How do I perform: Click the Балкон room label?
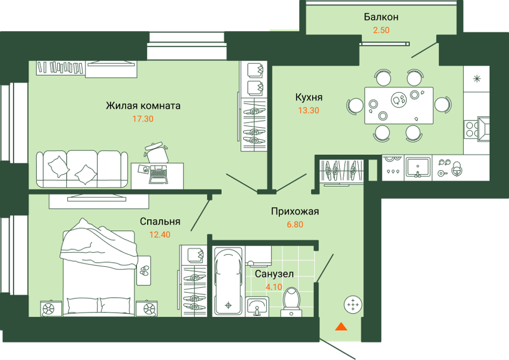pyautogui.click(x=381, y=17)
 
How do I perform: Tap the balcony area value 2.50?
pyautogui.click(x=381, y=30)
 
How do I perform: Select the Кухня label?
pyautogui.click(x=309, y=97)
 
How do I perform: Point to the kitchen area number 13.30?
pyautogui.click(x=309, y=110)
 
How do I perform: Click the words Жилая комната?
pyautogui.click(x=143, y=106)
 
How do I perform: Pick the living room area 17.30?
pyautogui.click(x=143, y=119)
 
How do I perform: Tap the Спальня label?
pyautogui.click(x=160, y=222)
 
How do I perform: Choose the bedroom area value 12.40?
pyautogui.click(x=159, y=235)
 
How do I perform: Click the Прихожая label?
pyautogui.click(x=295, y=211)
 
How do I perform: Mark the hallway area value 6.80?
pyautogui.click(x=295, y=224)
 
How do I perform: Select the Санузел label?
pyautogui.click(x=274, y=274)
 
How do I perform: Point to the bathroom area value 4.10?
pyautogui.click(x=274, y=287)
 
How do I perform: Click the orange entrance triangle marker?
pyautogui.click(x=341, y=326)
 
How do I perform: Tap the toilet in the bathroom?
pyautogui.click(x=291, y=302)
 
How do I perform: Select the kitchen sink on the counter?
pyautogui.click(x=419, y=168)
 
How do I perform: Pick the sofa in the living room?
pyautogui.click(x=82, y=169)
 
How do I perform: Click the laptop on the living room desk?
pyautogui.click(x=158, y=174)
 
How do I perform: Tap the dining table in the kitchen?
pyautogui.click(x=399, y=106)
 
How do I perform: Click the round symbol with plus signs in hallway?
pyautogui.click(x=353, y=305)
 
